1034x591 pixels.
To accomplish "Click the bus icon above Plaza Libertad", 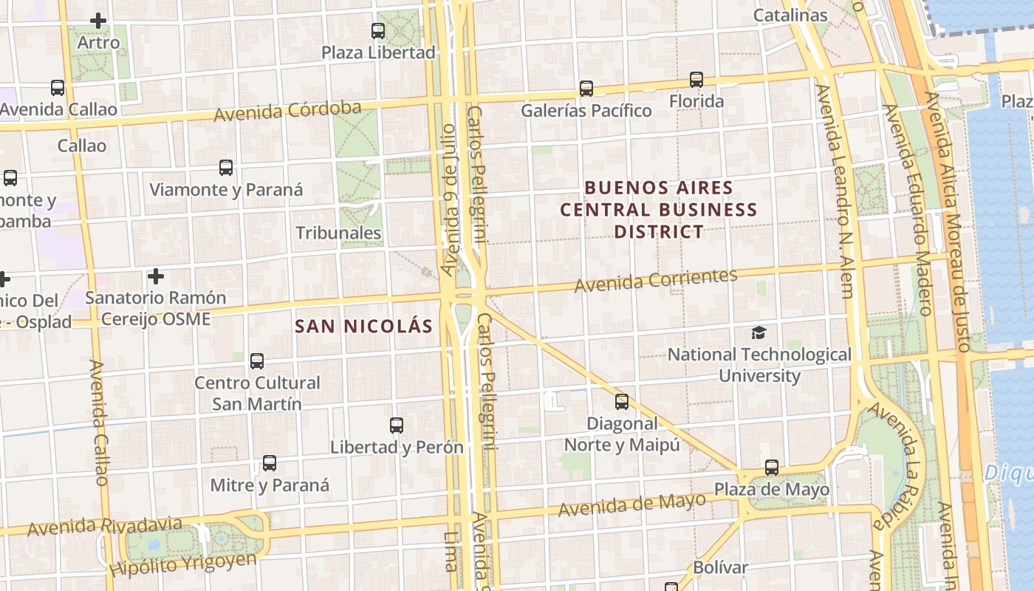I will click(378, 30).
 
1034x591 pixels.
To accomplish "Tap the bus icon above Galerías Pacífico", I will click(586, 89).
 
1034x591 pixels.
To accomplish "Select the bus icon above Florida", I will click(696, 79).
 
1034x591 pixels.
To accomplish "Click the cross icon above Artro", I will click(98, 21).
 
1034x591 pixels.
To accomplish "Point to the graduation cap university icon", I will click(759, 332).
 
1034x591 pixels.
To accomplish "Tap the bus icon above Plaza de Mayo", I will click(772, 468).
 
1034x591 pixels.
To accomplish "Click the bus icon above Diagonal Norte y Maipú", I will click(622, 402).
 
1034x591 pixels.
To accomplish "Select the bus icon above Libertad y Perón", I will click(397, 426).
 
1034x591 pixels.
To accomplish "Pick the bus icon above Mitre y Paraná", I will click(270, 463).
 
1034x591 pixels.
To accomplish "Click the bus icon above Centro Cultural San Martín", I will click(257, 361).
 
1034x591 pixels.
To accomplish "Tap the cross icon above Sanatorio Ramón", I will click(155, 276).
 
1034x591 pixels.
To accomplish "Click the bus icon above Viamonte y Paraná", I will click(226, 168).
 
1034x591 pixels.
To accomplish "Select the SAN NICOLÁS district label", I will click(363, 326).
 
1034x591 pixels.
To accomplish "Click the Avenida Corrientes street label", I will click(656, 280).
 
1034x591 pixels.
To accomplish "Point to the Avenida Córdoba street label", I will click(288, 111).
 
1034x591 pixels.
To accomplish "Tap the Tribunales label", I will click(338, 233).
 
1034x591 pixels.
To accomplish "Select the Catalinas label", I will click(790, 15).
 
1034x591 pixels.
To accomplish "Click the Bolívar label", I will click(720, 568).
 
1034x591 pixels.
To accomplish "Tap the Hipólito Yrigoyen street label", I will click(183, 564).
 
